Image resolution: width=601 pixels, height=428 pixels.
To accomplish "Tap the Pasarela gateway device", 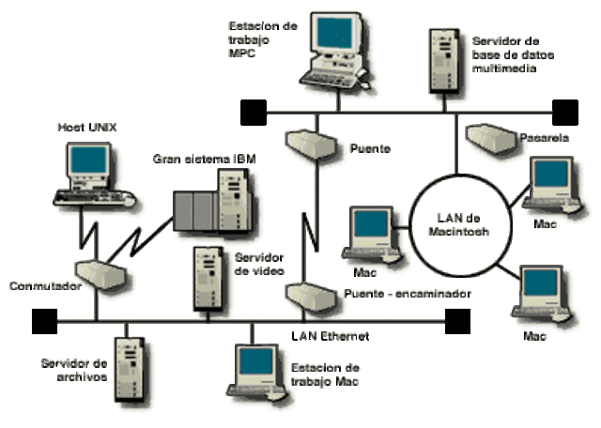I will pos(489,138).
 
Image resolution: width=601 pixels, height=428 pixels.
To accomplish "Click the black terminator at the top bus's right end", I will pos(564,113).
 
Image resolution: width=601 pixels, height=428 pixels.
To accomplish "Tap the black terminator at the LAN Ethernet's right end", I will pos(456,322).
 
